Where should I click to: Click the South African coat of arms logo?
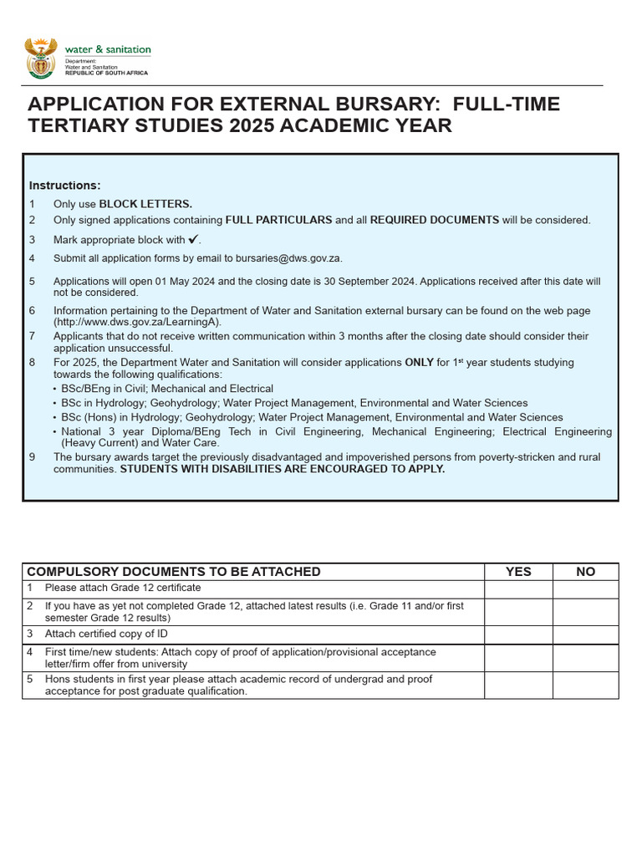click(x=41, y=58)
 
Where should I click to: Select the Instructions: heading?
click(x=64, y=185)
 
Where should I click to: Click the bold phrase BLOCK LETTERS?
click(x=145, y=204)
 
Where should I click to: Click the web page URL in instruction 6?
click(x=138, y=322)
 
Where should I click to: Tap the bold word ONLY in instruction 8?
click(x=419, y=363)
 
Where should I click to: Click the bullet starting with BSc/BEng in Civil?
click(x=167, y=389)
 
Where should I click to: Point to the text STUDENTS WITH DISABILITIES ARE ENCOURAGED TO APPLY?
click(x=283, y=469)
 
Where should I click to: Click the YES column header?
click(x=518, y=572)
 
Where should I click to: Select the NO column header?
click(x=586, y=572)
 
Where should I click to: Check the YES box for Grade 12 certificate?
click(x=518, y=588)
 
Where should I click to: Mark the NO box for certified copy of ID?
click(x=586, y=634)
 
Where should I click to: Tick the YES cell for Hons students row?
click(x=518, y=685)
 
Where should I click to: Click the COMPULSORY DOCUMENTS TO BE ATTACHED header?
click(x=174, y=572)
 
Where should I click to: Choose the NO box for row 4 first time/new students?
click(x=586, y=658)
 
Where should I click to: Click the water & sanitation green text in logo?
click(x=108, y=50)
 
